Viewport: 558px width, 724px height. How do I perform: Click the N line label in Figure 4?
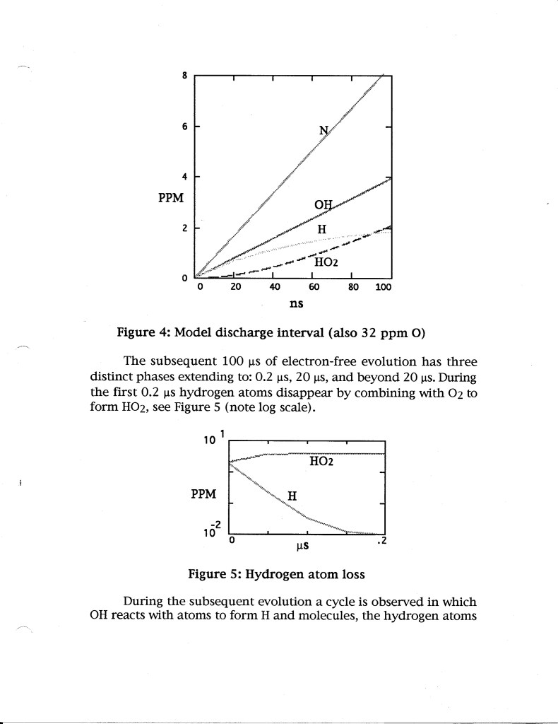324,130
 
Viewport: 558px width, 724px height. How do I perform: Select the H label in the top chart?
321,229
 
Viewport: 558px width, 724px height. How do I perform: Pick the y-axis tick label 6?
184,127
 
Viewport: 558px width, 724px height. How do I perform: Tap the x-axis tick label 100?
383,288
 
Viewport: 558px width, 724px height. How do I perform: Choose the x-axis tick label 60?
314,288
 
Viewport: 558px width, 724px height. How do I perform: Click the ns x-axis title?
297,304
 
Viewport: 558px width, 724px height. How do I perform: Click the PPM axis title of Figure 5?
204,493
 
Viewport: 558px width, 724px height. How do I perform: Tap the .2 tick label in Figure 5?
381,542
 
